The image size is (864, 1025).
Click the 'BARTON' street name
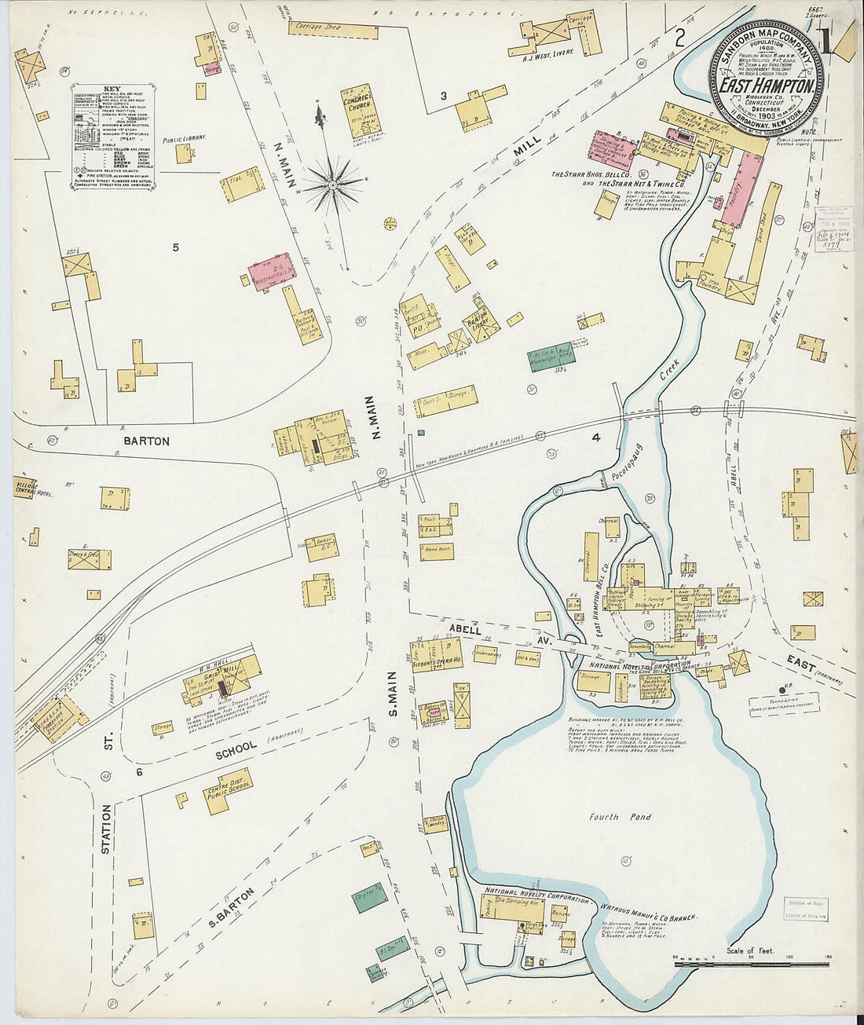146,441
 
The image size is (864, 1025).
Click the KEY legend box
113,135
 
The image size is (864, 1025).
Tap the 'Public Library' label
185,138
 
